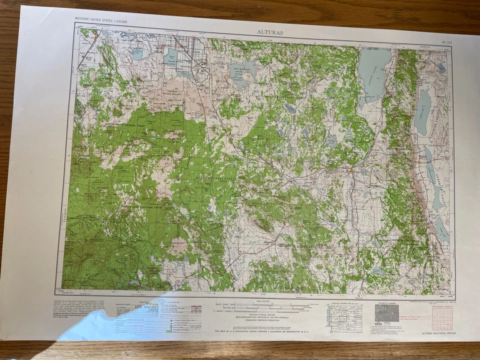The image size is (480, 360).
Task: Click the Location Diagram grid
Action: (345, 318)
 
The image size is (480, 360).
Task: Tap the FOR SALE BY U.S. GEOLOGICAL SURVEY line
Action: (266, 331)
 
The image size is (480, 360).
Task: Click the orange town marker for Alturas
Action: (351, 171)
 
